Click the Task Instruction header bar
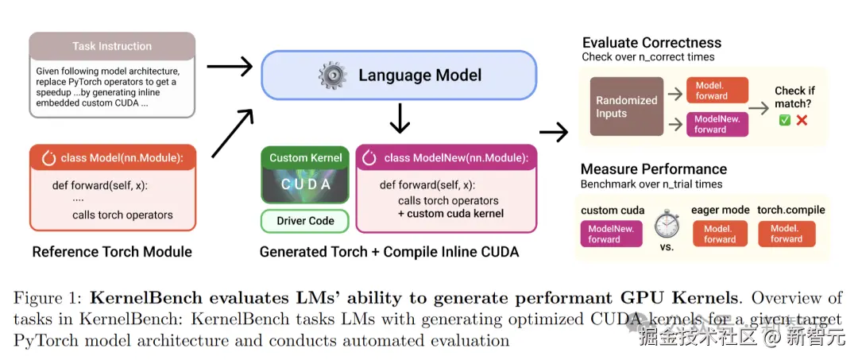(x=112, y=46)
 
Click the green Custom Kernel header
(x=306, y=157)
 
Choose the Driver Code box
(x=306, y=220)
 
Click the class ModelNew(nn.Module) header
(x=446, y=157)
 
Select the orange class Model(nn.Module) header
(x=112, y=157)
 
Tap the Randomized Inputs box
(x=627, y=106)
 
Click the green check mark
(x=784, y=120)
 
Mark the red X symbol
(x=802, y=120)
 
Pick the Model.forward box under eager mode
(x=719, y=234)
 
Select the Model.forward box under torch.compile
(x=786, y=234)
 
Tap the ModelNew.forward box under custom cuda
(x=611, y=234)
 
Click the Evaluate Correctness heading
(x=651, y=43)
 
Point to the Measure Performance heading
(x=653, y=168)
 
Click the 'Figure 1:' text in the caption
(x=46, y=299)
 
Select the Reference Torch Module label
(x=112, y=252)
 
